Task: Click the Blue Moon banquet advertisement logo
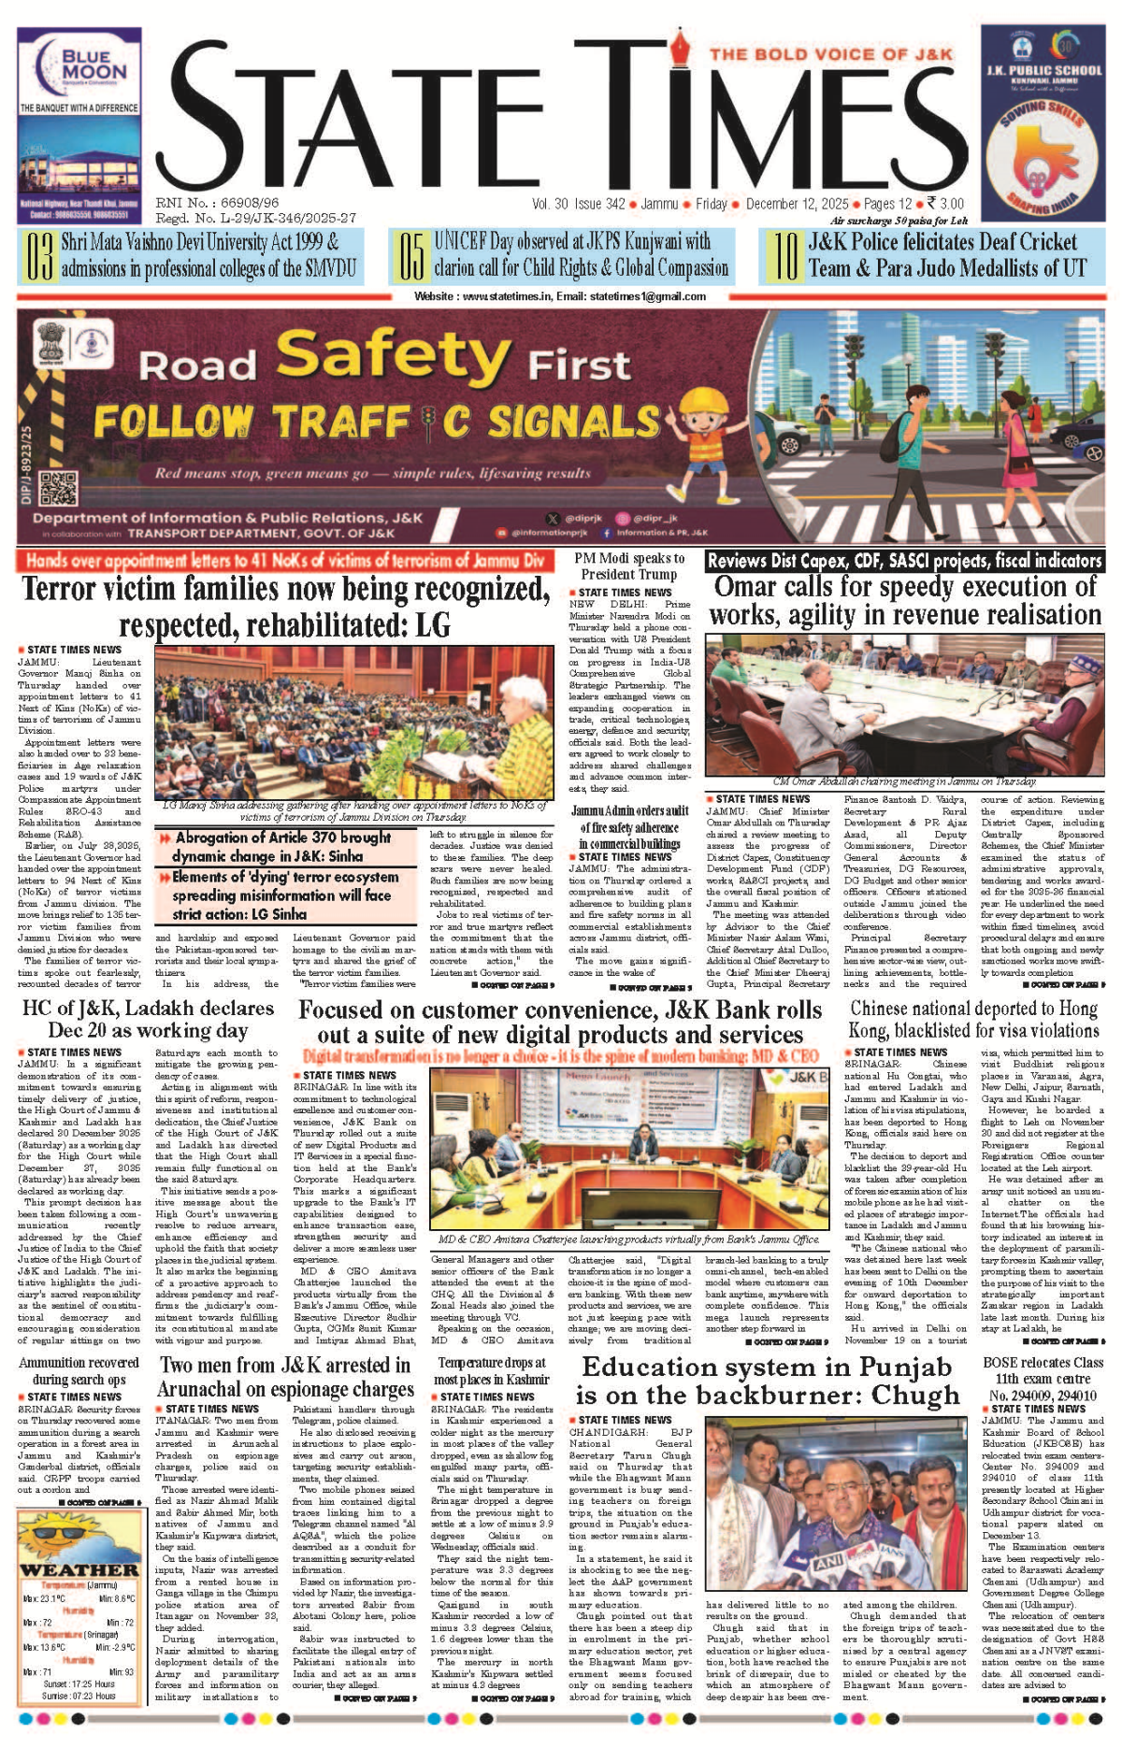point(80,64)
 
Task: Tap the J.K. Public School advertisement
point(1043,122)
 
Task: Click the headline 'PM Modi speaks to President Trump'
point(628,566)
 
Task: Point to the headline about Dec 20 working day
point(147,1019)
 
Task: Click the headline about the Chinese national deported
point(973,1019)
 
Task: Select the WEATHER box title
point(79,1569)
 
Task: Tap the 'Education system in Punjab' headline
point(768,1381)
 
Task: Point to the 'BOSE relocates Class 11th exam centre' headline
point(1043,1379)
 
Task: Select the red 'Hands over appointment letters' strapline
point(284,561)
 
